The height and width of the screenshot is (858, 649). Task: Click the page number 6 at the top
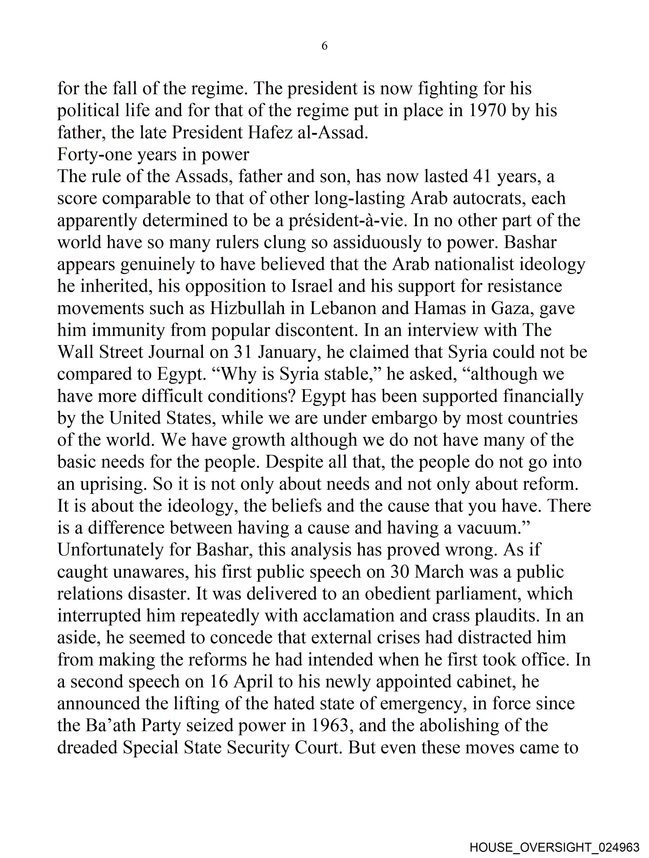click(x=324, y=46)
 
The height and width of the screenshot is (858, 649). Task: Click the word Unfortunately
click(x=110, y=550)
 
